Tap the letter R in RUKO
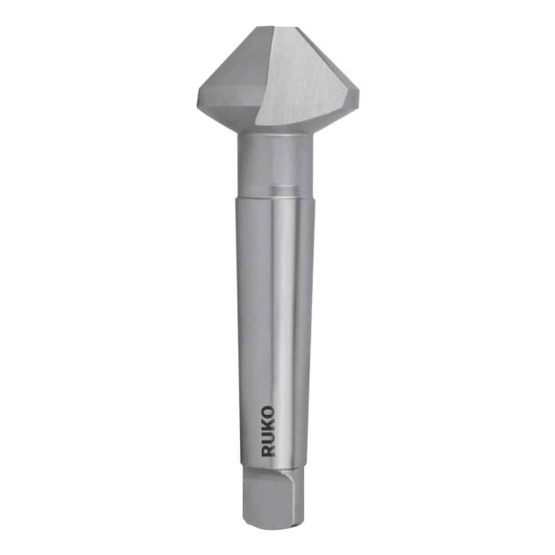[268, 451]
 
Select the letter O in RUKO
[268, 413]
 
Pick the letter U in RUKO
[268, 438]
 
